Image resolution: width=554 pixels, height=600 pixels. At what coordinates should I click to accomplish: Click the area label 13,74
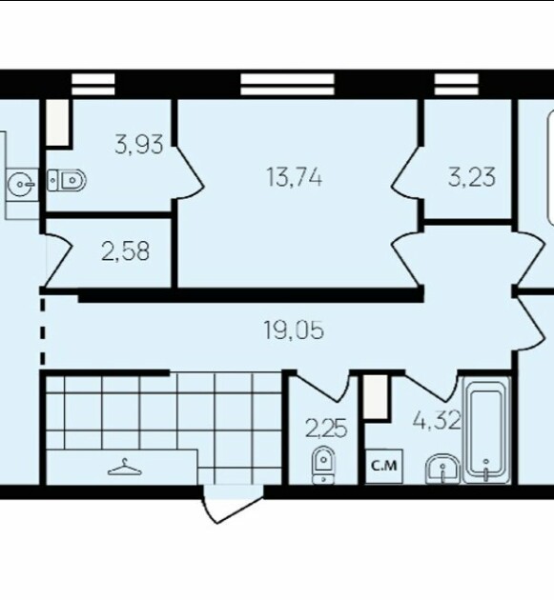point(295,178)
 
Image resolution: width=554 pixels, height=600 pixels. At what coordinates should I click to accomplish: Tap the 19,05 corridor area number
point(295,330)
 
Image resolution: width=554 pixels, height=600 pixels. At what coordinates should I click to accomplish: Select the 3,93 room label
point(139,144)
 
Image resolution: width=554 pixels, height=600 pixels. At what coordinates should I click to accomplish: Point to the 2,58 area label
point(125,251)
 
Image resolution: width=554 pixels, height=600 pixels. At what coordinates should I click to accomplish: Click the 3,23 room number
point(472,177)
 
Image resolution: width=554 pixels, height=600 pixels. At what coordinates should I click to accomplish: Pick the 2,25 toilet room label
point(326,429)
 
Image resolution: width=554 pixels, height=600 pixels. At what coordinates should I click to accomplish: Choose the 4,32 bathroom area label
point(437,421)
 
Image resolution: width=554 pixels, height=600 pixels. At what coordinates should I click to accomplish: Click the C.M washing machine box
point(384,467)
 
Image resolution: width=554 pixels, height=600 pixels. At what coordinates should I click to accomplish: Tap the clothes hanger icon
point(125,468)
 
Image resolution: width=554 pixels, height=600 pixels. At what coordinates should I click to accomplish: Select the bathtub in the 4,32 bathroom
point(486,430)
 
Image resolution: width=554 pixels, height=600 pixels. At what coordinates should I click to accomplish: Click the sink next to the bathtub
point(442,470)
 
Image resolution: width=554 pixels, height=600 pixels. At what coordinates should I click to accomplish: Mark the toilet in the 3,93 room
point(67,180)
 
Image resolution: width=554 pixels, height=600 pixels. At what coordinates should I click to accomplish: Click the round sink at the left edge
point(22,184)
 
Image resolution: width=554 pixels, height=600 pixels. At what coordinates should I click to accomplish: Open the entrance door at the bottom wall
point(233,504)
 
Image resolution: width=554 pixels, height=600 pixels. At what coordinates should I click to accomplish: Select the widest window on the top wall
point(287,84)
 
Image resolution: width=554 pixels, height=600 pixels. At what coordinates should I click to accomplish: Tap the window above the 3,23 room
point(457,84)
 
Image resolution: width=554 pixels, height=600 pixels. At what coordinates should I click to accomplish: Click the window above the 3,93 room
point(93,84)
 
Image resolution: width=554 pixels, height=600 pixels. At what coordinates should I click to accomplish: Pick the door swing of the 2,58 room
point(59,260)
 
